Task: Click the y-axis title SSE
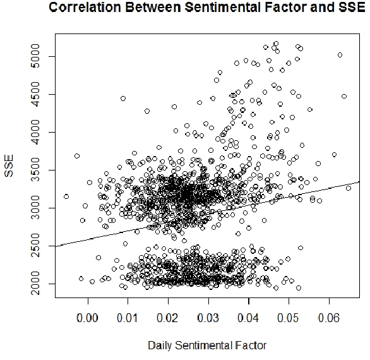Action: pos(11,169)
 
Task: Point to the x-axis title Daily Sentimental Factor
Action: pos(206,345)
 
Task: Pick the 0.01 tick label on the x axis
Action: pos(128,316)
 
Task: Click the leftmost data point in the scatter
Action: pos(66,196)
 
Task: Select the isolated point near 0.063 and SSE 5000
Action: pos(340,55)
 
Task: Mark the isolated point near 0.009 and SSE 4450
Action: pos(123,98)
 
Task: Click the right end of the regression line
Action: pos(359,182)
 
